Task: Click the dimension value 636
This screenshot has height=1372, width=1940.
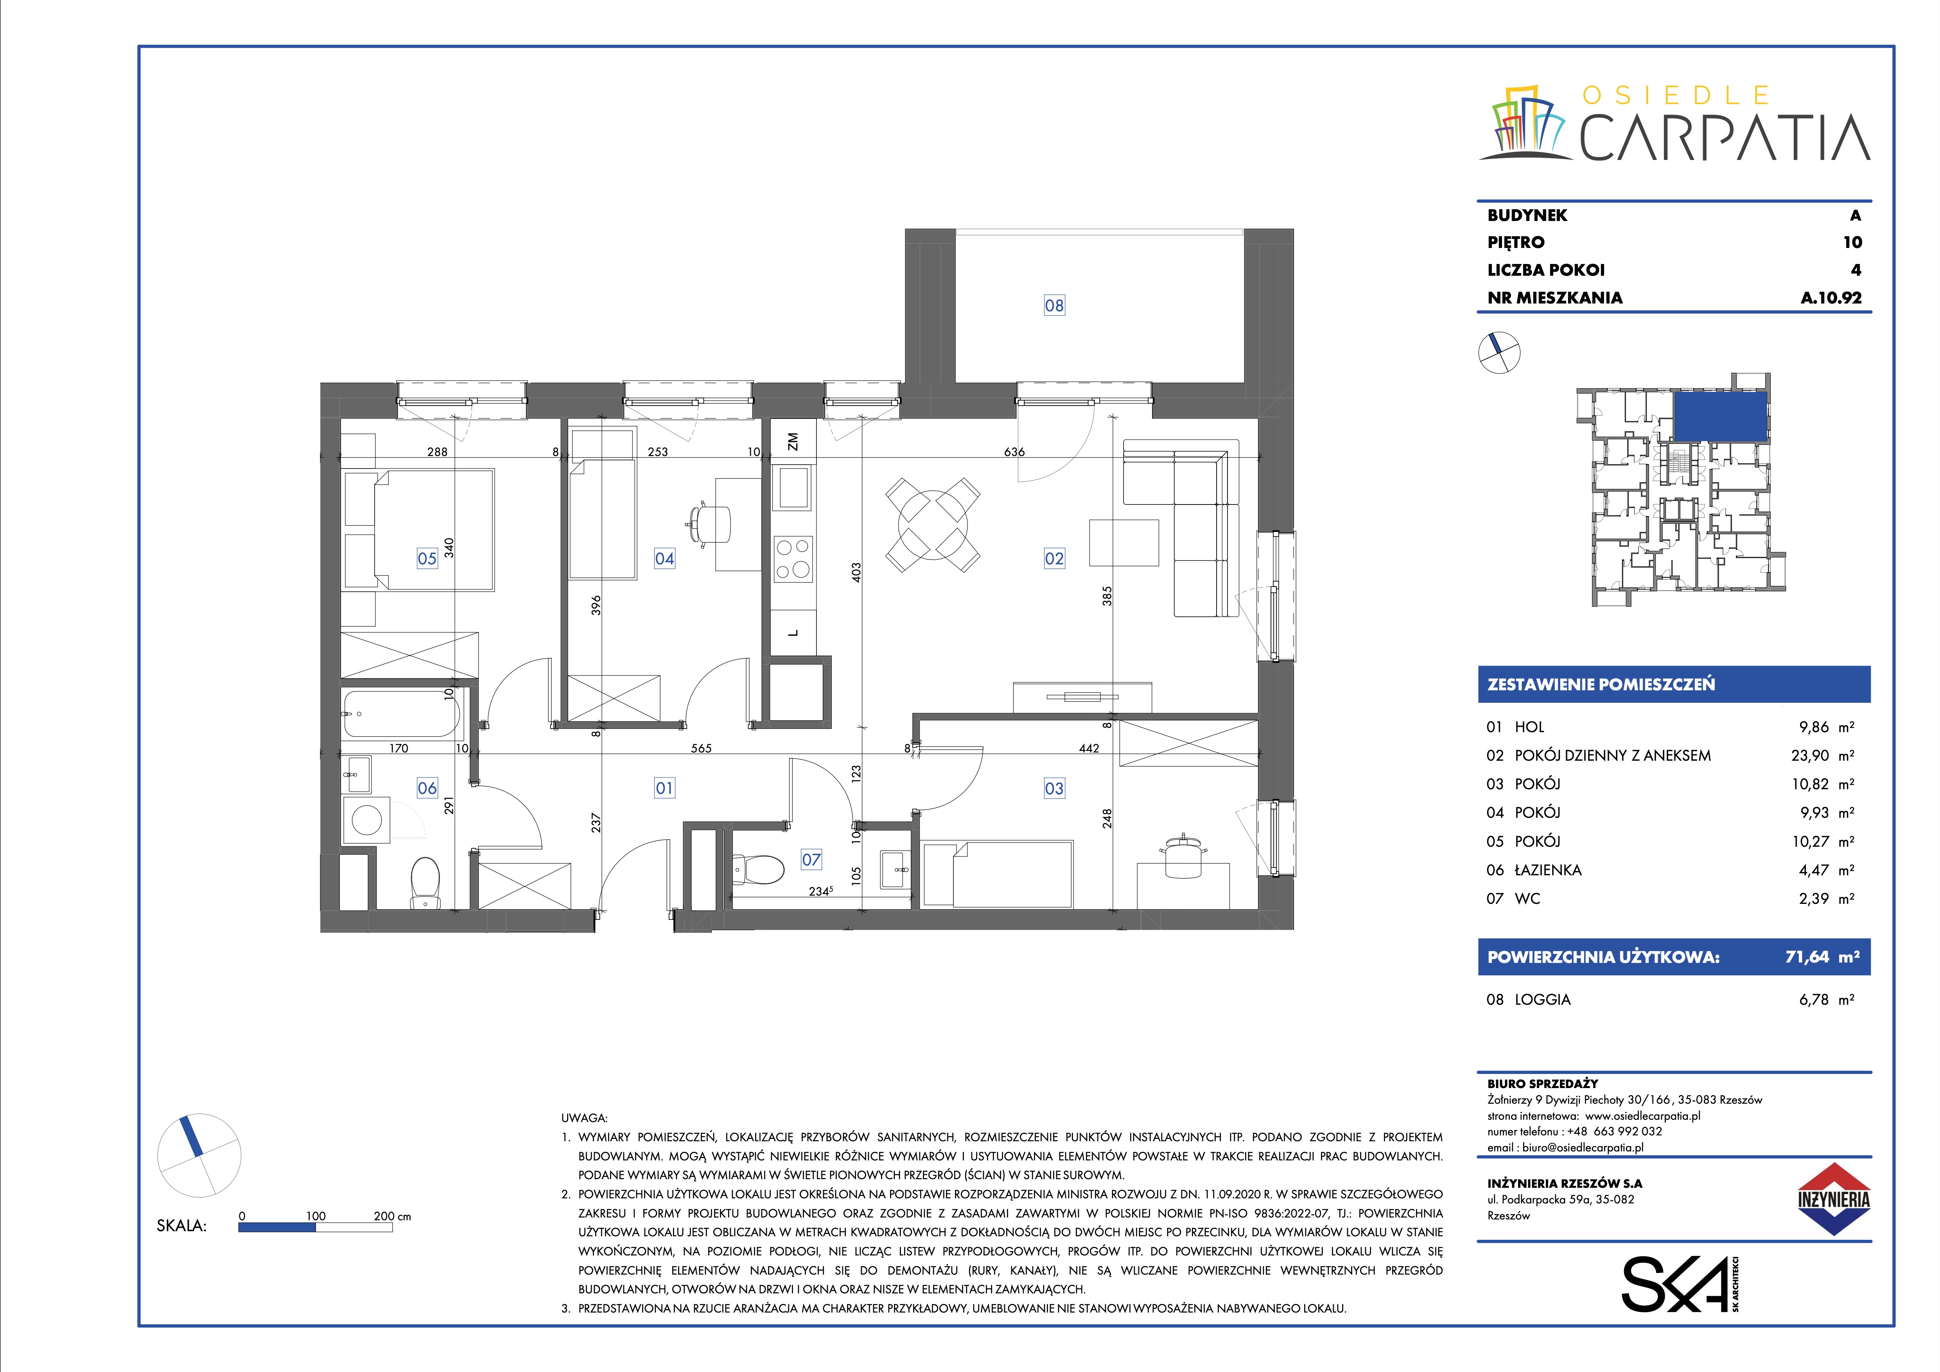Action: [x=1014, y=452]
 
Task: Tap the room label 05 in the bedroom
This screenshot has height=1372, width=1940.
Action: [x=427, y=558]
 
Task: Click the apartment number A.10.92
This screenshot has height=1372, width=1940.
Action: [x=1831, y=297]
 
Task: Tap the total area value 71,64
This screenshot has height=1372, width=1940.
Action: [x=1807, y=957]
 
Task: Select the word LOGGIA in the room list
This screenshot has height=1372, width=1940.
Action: [x=1543, y=999]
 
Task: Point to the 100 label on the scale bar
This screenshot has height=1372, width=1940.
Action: [x=315, y=1216]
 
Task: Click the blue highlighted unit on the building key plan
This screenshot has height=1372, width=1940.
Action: [x=1719, y=416]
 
